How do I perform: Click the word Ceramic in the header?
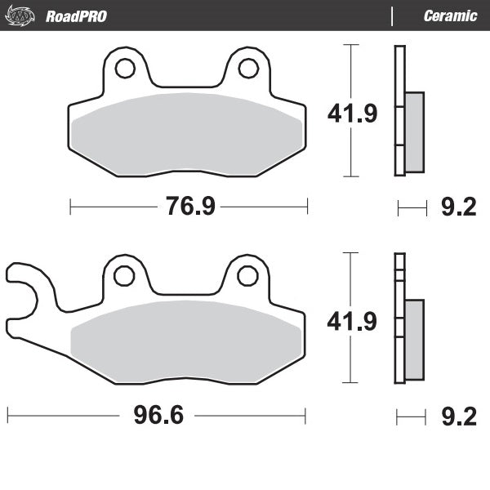point(450,16)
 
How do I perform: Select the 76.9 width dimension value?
point(190,207)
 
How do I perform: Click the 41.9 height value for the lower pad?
point(352,322)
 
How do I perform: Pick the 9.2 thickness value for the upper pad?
point(458,208)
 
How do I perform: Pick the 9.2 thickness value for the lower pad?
point(458,417)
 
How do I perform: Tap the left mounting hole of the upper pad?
point(125,69)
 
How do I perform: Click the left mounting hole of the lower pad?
point(124,276)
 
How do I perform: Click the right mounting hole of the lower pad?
point(247,276)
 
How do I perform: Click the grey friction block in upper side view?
point(415,132)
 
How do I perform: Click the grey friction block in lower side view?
point(415,340)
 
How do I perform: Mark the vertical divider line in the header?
point(393,16)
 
